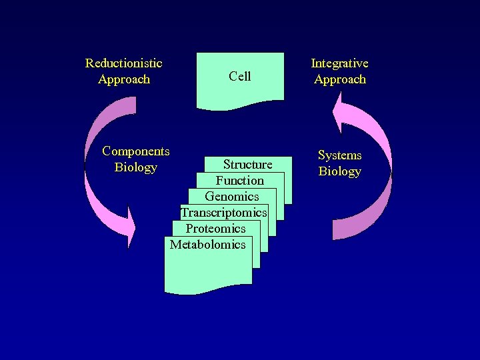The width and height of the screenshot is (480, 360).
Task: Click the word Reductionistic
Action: click(x=123, y=63)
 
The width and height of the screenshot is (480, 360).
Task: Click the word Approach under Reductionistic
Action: click(x=123, y=79)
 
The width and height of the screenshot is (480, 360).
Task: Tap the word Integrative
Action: click(x=339, y=63)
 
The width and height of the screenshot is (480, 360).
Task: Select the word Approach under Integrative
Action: click(x=339, y=79)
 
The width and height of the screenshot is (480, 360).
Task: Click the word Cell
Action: click(x=239, y=76)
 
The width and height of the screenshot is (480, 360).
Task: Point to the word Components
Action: click(x=135, y=151)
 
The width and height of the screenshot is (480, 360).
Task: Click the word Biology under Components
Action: click(x=135, y=167)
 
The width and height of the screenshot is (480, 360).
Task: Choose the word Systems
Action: click(x=339, y=155)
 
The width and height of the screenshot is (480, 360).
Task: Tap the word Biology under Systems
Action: click(x=339, y=171)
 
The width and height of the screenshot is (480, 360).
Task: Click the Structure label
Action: click(x=247, y=165)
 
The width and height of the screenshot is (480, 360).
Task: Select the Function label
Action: click(x=239, y=181)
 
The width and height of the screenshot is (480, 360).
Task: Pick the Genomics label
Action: click(x=231, y=197)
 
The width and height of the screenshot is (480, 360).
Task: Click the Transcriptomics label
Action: click(x=223, y=213)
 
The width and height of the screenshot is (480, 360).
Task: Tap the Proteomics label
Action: click(x=215, y=229)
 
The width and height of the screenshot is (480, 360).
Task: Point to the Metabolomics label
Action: click(x=207, y=245)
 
